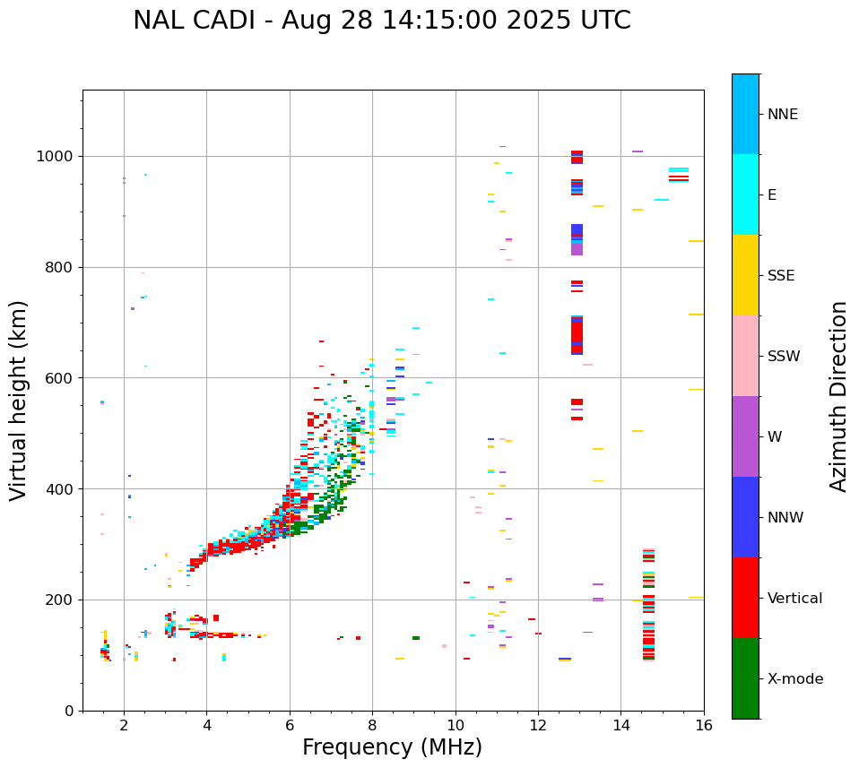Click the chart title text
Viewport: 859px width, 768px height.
point(381,21)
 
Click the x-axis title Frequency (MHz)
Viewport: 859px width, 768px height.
point(392,747)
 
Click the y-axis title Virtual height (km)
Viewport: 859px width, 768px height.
point(19,400)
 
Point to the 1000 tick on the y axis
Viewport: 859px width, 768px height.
point(56,156)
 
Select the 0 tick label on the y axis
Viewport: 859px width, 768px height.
point(68,711)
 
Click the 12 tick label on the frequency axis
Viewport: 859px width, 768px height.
point(538,725)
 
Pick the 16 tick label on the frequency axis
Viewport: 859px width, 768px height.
point(704,725)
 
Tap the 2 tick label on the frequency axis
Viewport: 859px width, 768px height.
point(124,725)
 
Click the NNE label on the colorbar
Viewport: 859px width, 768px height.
point(783,115)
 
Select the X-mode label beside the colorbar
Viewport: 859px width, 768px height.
point(795,679)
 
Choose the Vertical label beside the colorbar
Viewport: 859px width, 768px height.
point(795,599)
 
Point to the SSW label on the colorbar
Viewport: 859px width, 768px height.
point(785,357)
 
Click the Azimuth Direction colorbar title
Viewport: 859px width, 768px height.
point(839,396)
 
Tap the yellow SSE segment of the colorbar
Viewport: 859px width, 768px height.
point(745,275)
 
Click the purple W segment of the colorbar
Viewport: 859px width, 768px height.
point(745,436)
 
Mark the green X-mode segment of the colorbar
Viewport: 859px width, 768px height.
point(745,678)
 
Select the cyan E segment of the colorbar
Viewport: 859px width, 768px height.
point(745,194)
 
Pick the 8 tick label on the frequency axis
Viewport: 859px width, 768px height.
point(372,725)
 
